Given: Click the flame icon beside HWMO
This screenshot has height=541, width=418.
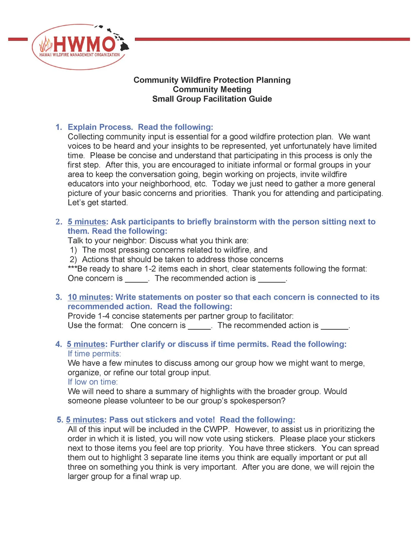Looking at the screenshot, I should (x=46, y=45).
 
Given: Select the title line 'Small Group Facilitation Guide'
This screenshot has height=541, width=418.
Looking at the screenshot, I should (x=212, y=99).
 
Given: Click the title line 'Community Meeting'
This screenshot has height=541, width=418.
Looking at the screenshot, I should (x=212, y=89).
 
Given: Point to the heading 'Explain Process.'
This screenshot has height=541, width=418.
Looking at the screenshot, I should (x=100, y=127).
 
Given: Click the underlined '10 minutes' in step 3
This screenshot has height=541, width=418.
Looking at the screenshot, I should (x=89, y=297).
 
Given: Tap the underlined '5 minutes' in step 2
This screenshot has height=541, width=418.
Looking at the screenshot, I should (x=87, y=222).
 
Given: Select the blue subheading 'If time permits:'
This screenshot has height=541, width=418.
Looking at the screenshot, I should (x=94, y=354).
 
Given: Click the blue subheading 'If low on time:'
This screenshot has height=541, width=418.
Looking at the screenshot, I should (x=93, y=382).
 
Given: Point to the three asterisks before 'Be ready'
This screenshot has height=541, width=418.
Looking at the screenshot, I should (x=72, y=268).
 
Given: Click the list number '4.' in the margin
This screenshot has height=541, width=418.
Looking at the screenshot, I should (x=59, y=344).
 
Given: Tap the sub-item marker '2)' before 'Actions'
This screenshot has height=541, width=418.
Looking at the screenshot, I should (x=73, y=259).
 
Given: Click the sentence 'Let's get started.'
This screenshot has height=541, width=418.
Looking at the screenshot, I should (x=98, y=203).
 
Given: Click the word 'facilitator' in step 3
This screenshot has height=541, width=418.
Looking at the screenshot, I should (x=276, y=316).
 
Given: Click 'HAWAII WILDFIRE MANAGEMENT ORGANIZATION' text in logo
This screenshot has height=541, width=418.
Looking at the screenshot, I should (x=79, y=55).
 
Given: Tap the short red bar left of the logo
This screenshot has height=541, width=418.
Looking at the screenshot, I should (x=18, y=39).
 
